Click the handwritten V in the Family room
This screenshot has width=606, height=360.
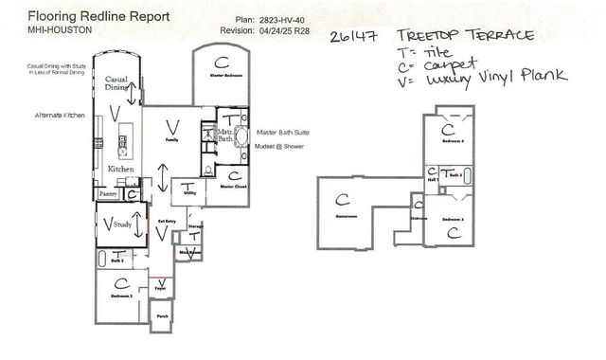(171, 125)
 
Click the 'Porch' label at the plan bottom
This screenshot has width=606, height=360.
(162, 316)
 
